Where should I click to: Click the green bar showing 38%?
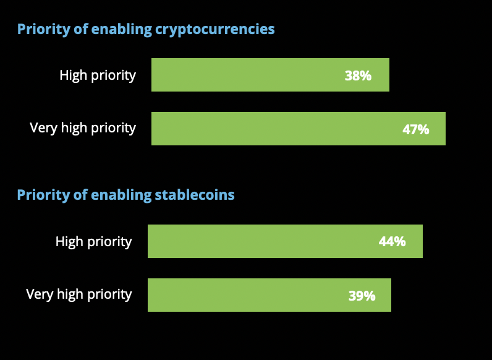coord(270,75)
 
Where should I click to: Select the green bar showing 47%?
coord(298,129)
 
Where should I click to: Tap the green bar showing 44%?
coord(285,241)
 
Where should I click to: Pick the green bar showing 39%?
coord(269,295)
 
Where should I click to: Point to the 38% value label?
coord(358,76)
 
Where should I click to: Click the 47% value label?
coord(415,130)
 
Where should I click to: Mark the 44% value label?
coord(392,242)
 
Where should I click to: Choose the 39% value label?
coord(362,296)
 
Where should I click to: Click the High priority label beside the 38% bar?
coord(98,75)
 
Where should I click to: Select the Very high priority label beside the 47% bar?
coord(83,128)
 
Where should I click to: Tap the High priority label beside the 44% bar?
coord(93,241)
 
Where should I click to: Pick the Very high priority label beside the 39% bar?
coord(79,294)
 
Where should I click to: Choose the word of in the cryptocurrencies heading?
coord(80,29)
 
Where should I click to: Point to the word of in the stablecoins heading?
coord(80,195)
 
